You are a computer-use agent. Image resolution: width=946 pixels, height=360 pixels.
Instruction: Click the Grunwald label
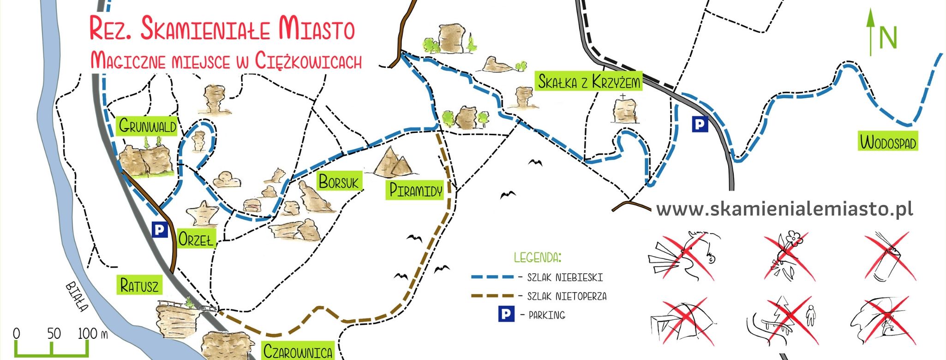point(147,126)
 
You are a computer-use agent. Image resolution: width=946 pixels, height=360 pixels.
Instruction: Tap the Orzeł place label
point(196,239)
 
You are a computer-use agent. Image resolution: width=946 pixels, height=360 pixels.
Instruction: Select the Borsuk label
point(338,182)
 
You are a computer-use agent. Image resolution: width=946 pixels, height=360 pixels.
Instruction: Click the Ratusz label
point(139,285)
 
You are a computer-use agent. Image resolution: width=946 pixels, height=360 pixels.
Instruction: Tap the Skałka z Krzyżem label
point(589,82)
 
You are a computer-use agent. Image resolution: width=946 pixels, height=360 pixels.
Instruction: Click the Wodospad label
point(888,142)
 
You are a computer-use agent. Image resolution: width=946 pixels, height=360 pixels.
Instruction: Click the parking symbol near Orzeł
point(160,229)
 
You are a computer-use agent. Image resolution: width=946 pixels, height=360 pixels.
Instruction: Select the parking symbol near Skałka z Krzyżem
point(700,124)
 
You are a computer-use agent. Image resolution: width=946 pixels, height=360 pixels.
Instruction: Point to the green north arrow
point(870,32)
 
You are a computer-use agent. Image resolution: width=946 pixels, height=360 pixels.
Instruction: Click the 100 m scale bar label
point(92,333)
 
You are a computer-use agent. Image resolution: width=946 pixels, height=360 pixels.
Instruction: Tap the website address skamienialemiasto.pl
point(784,209)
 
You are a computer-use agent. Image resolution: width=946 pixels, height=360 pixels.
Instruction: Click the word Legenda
point(538,257)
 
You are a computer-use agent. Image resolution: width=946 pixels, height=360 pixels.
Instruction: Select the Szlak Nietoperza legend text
point(567,296)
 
